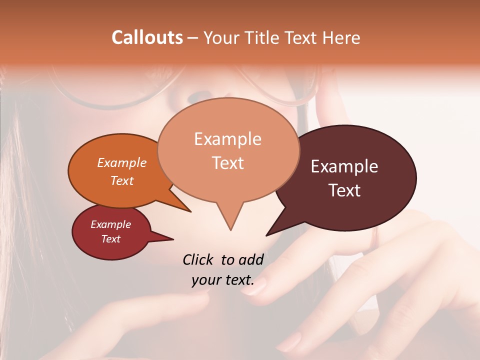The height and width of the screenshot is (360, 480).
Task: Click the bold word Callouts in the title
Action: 147,37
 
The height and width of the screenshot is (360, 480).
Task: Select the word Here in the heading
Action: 341,37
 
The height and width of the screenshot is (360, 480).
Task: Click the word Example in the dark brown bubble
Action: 344,166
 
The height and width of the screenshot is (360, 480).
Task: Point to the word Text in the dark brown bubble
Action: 344,190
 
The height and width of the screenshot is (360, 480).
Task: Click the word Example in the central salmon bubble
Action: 227,139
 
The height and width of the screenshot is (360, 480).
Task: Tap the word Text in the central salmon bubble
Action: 227,163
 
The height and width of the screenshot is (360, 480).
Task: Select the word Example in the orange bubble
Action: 121,163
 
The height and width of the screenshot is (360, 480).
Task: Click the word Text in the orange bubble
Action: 121,180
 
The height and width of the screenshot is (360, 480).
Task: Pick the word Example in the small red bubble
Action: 110,224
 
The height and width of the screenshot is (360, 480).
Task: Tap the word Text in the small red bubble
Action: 110,239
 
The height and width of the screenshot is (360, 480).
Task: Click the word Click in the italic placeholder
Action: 199,259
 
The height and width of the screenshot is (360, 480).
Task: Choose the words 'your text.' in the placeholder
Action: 222,280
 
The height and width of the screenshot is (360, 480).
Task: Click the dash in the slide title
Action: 193,38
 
